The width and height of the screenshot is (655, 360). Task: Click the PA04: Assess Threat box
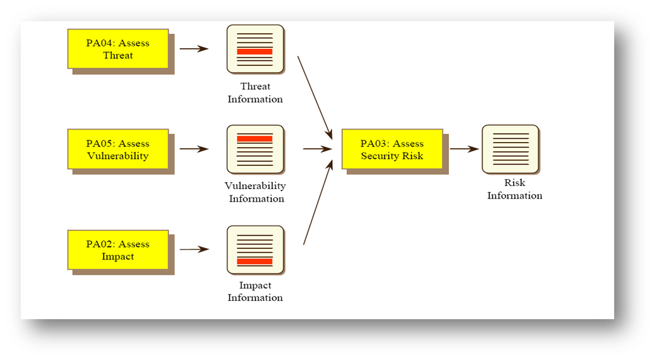pyautogui.click(x=117, y=49)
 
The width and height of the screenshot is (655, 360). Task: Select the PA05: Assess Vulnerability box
pyautogui.click(x=117, y=149)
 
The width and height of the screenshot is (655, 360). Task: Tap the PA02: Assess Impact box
pyautogui.click(x=117, y=249)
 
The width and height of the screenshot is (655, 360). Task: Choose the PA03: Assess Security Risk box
pyautogui.click(x=392, y=149)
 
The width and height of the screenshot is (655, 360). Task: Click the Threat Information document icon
pyautogui.click(x=255, y=48)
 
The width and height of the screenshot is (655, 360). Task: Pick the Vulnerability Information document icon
pyautogui.click(x=255, y=149)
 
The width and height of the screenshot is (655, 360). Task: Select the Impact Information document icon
pyautogui.click(x=255, y=249)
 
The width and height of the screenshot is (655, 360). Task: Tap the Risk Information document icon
pyautogui.click(x=510, y=149)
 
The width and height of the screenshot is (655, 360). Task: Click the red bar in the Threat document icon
pyautogui.click(x=255, y=52)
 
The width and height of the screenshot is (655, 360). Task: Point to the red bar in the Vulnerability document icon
pyautogui.click(x=255, y=138)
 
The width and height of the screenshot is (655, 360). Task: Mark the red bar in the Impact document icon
pyautogui.click(x=255, y=261)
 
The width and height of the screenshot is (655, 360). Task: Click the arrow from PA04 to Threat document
pyautogui.click(x=194, y=48)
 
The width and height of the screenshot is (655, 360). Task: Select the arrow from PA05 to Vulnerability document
pyautogui.click(x=194, y=149)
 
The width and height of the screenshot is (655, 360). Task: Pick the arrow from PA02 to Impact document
pyautogui.click(x=194, y=249)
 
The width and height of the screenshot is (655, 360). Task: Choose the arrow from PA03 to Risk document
pyautogui.click(x=464, y=149)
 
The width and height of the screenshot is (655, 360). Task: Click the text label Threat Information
pyautogui.click(x=255, y=93)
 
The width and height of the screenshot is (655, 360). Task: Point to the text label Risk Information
pyautogui.click(x=514, y=189)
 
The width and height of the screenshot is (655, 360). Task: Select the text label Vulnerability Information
pyautogui.click(x=256, y=192)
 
